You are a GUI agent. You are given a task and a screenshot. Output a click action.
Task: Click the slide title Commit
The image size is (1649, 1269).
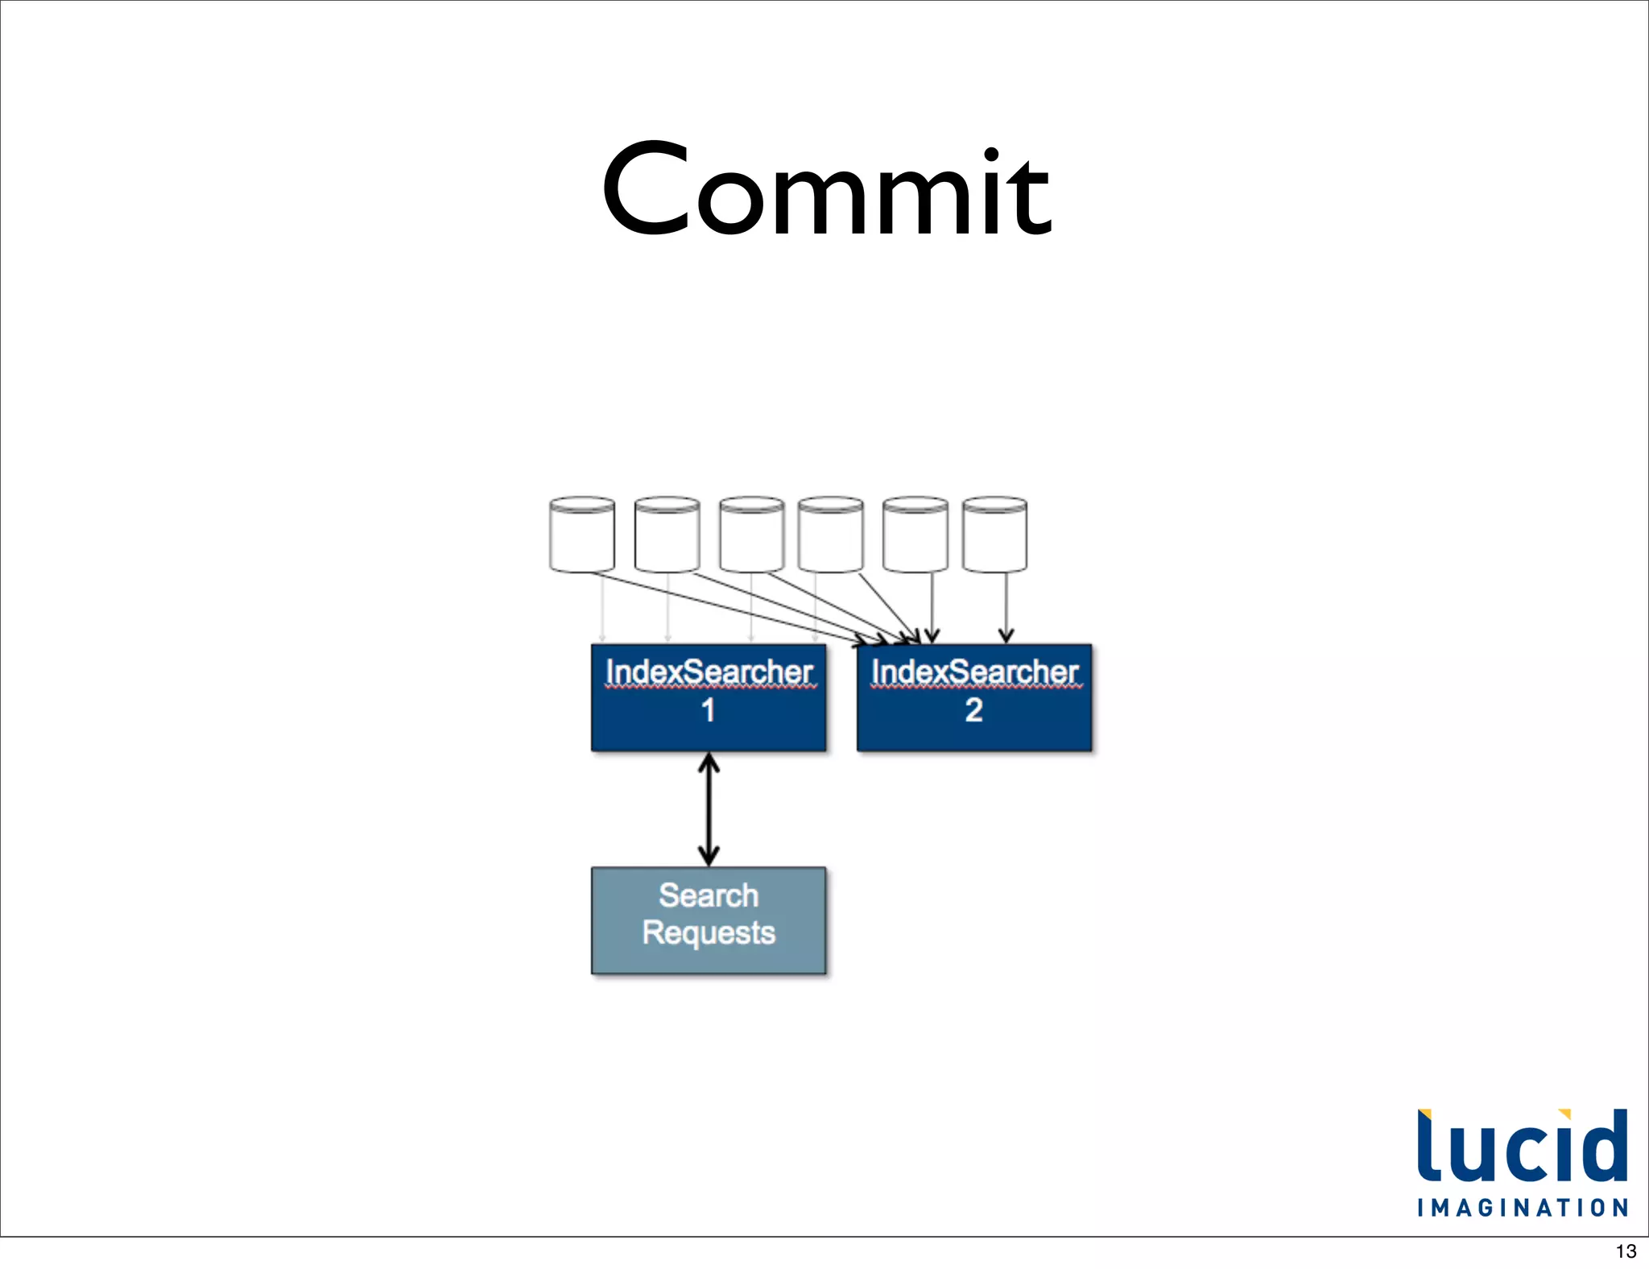click(x=826, y=190)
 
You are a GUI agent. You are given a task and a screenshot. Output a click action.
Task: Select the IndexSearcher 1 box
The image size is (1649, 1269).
click(x=709, y=697)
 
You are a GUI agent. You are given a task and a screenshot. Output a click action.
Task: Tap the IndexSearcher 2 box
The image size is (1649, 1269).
click(x=974, y=697)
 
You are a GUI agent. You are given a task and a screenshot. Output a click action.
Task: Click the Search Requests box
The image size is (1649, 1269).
click(x=709, y=920)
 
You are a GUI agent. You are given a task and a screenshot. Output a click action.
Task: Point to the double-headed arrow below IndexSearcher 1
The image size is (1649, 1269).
click(x=709, y=809)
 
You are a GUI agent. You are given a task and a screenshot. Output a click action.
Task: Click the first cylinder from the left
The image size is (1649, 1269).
click(x=581, y=535)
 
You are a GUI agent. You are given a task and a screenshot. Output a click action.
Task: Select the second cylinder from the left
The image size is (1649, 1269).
click(x=667, y=535)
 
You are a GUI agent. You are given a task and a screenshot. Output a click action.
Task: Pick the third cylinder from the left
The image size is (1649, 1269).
click(x=751, y=535)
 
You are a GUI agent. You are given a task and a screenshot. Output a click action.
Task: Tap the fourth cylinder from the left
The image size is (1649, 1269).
click(x=830, y=535)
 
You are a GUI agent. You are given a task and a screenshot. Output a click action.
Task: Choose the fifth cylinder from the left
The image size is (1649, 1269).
click(x=915, y=535)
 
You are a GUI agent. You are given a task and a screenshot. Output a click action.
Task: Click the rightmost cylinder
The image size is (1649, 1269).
click(x=994, y=535)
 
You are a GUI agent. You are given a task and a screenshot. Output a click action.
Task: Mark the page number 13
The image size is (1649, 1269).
click(x=1626, y=1251)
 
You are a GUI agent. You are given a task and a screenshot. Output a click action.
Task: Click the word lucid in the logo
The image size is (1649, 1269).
click(x=1522, y=1147)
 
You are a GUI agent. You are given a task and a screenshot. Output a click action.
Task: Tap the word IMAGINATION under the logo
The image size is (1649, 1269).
click(x=1523, y=1208)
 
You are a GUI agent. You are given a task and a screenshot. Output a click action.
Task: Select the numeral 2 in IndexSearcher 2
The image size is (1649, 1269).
click(x=973, y=710)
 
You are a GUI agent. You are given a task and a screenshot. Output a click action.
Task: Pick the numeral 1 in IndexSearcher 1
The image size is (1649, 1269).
click(x=708, y=710)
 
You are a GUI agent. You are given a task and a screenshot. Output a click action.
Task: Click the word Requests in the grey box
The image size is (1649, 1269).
click(x=709, y=933)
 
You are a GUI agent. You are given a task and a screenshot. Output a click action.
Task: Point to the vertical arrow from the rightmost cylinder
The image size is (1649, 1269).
click(x=1006, y=607)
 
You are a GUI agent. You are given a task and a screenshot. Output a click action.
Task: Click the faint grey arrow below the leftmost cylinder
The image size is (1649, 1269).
click(x=602, y=607)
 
